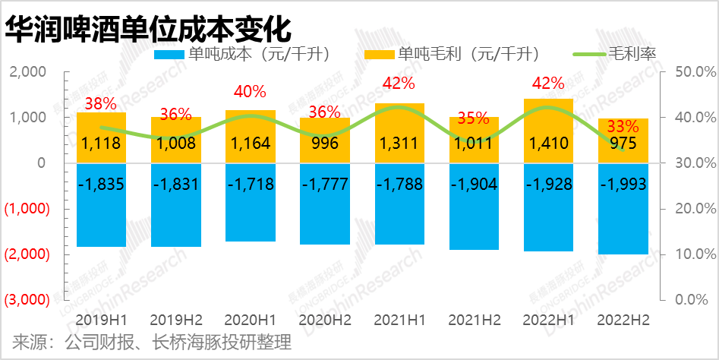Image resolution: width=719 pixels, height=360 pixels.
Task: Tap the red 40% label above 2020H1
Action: [x=251, y=92]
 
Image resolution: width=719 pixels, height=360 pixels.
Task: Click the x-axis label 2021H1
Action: [x=399, y=321]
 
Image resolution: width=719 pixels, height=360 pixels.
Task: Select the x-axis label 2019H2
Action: [x=175, y=321]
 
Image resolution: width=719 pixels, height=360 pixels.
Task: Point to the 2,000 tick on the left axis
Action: [x=27, y=72]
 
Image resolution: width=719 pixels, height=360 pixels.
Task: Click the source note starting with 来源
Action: [x=152, y=343]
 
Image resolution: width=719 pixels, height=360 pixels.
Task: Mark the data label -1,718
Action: [x=251, y=185]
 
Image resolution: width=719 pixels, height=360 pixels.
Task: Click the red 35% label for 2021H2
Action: [x=474, y=118]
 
